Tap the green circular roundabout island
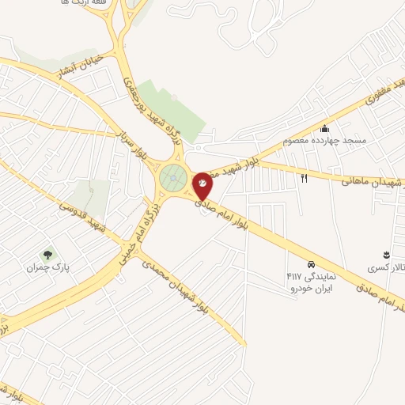coord(173,179)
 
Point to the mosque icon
coord(324,128)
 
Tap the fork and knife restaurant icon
coord(305,177)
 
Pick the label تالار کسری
coord(385,268)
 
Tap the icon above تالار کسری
coord(386,254)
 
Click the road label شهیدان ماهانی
coord(372,181)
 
